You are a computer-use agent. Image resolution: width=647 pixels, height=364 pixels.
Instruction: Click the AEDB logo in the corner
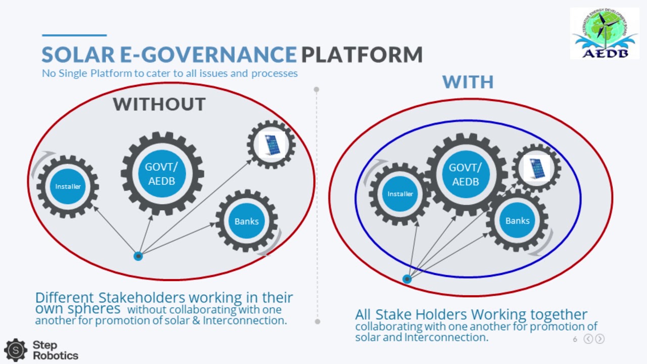[x=605, y=33]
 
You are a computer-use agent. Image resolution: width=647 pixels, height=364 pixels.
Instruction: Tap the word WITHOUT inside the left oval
[x=159, y=104]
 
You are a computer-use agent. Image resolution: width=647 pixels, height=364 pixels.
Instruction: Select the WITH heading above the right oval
[x=468, y=82]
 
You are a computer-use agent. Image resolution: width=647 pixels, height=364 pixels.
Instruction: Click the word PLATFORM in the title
[x=362, y=54]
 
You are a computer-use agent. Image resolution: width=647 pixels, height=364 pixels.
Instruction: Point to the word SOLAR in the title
[x=78, y=54]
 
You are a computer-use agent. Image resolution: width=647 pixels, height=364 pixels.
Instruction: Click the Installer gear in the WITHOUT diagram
[x=68, y=187]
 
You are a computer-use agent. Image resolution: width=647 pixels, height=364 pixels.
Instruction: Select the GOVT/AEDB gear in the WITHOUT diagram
[x=162, y=173]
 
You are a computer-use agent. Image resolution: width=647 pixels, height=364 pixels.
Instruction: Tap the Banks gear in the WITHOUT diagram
[x=247, y=221]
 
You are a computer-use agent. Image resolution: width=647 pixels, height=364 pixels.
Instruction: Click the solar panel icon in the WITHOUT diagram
[x=271, y=145]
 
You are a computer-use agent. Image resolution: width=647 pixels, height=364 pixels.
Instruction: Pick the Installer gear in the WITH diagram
[x=400, y=194]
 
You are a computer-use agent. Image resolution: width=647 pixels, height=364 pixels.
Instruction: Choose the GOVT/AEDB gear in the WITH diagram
[x=466, y=174]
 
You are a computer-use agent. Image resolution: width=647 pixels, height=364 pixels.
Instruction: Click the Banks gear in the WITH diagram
[x=517, y=220]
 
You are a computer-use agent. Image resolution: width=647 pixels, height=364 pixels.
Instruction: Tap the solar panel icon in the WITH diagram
[x=537, y=168]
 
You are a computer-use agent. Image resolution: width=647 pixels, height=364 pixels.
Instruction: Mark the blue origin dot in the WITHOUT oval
[x=138, y=256]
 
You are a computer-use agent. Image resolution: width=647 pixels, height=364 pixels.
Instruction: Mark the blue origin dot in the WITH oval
[x=407, y=279]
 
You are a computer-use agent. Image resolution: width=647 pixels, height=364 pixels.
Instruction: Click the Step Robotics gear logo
[x=16, y=350]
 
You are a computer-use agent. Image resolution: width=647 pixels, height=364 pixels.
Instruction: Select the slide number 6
[x=575, y=339]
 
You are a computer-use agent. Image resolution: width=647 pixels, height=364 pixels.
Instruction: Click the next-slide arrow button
[x=600, y=339]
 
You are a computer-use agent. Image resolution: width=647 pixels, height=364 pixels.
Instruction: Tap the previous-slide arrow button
[x=588, y=339]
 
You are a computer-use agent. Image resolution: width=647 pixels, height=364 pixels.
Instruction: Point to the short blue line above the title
[x=74, y=35]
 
